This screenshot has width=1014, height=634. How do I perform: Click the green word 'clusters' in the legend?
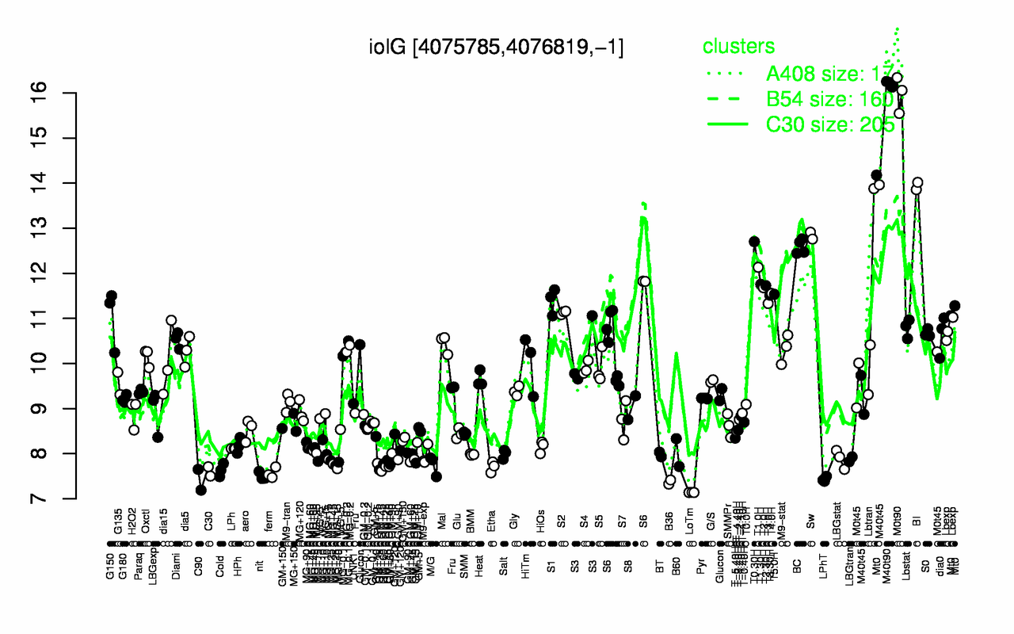pos(738,47)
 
